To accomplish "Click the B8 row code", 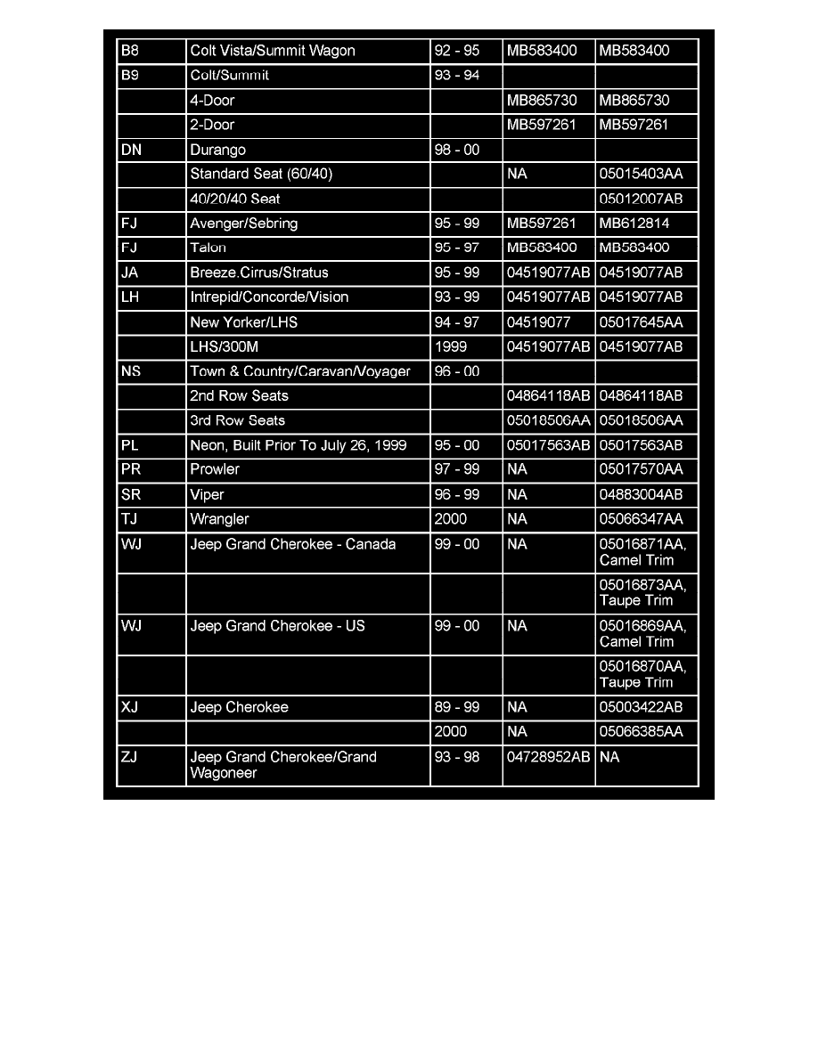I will click(x=130, y=51).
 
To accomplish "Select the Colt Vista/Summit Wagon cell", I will click(x=273, y=51).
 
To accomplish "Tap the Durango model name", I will click(x=217, y=150).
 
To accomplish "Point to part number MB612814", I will click(x=634, y=224).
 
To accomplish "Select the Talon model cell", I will click(x=209, y=248).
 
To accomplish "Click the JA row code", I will click(x=129, y=273).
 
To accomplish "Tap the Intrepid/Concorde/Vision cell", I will click(x=269, y=297).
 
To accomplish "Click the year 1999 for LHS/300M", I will click(x=451, y=346).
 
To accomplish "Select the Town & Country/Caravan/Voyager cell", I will click(x=300, y=371).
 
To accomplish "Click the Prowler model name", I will click(x=215, y=469).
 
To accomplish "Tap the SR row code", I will click(x=130, y=494).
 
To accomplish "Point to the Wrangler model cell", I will click(x=219, y=519).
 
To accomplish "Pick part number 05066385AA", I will click(x=642, y=732).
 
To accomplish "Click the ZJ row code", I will click(x=129, y=757).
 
